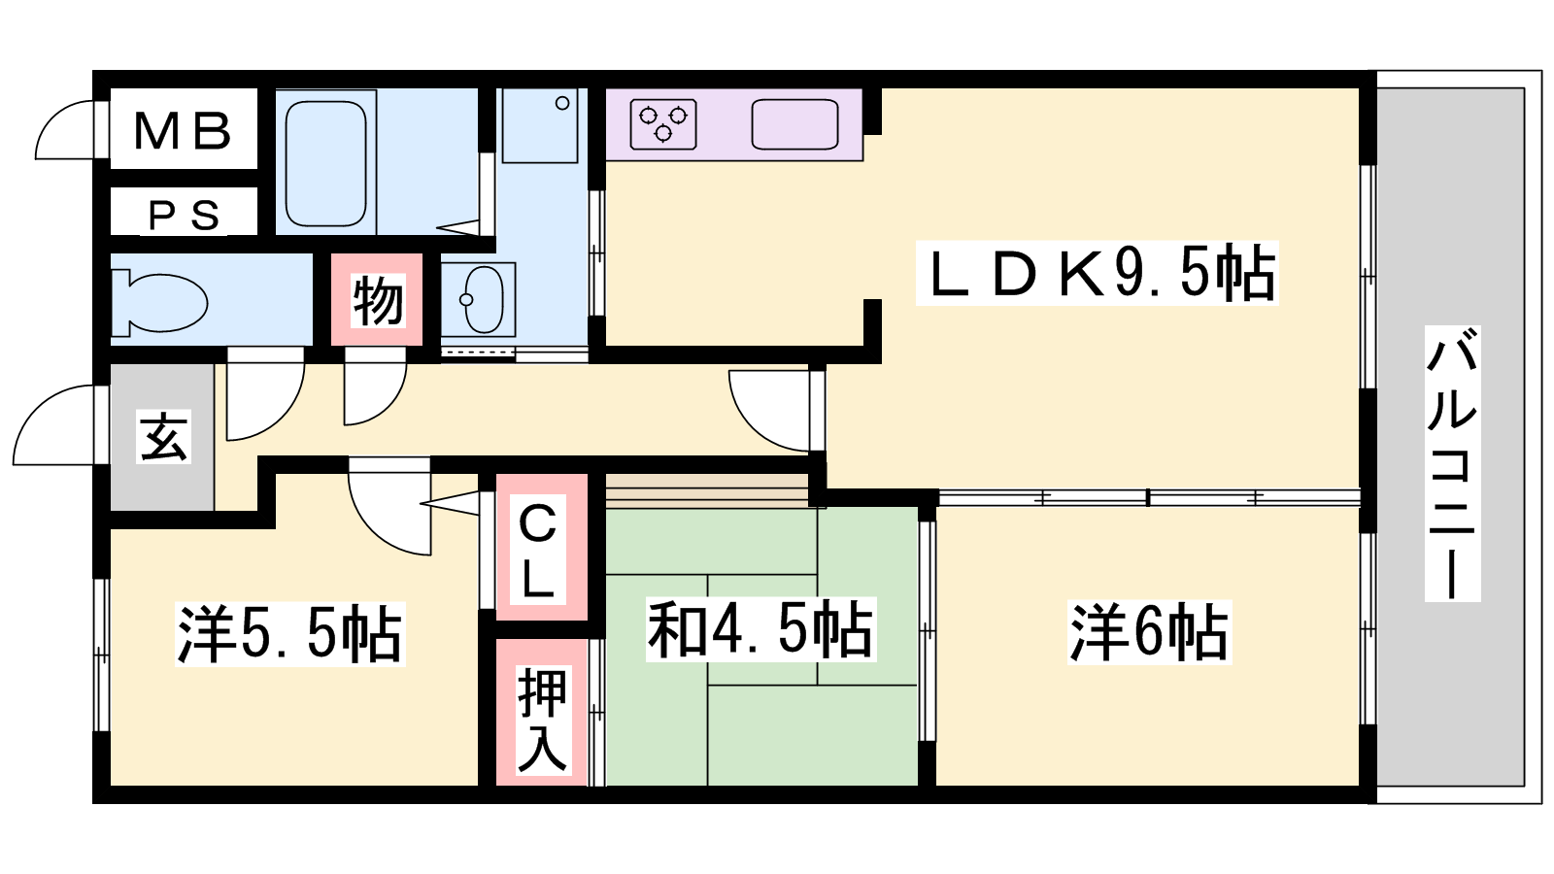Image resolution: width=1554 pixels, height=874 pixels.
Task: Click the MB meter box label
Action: point(182,130)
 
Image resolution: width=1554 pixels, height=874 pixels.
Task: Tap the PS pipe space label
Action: point(185,215)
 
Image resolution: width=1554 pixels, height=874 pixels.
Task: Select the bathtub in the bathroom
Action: point(325,164)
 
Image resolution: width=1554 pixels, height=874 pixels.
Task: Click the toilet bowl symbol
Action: point(159,303)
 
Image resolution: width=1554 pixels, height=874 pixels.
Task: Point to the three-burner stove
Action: point(663,124)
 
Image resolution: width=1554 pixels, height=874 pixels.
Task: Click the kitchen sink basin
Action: point(795,124)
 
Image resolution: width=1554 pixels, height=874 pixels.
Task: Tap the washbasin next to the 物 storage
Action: point(479,299)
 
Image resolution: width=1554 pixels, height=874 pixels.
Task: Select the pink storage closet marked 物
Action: point(377,300)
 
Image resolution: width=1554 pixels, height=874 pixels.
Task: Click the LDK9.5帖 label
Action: point(1098,272)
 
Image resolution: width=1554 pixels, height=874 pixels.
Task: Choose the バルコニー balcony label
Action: point(1452,463)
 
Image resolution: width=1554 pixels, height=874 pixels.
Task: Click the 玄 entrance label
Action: point(164,437)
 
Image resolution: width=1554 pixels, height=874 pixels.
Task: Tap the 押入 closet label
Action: point(542,720)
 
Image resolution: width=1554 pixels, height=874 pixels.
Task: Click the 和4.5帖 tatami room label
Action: point(761,628)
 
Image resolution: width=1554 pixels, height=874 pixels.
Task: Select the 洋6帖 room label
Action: point(1150,632)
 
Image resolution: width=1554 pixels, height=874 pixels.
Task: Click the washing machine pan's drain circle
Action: point(562,103)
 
